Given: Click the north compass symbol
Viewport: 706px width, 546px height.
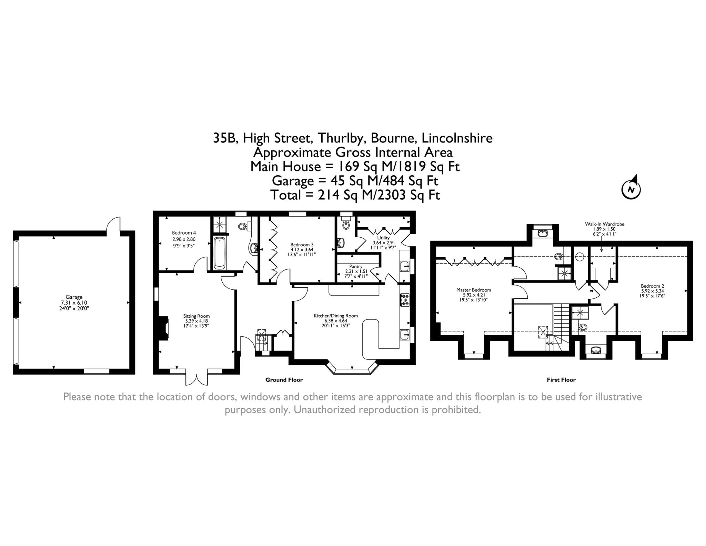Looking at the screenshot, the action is pyautogui.click(x=631, y=188).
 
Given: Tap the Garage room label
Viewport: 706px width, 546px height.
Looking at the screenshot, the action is pyautogui.click(x=74, y=297).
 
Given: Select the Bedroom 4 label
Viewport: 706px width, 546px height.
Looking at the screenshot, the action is pyautogui.click(x=184, y=233).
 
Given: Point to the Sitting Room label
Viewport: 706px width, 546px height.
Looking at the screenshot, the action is pyautogui.click(x=196, y=316).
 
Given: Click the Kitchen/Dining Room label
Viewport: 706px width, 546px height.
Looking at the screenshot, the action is pyautogui.click(x=335, y=316).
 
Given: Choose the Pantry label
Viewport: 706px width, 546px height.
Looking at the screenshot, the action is pyautogui.click(x=356, y=267).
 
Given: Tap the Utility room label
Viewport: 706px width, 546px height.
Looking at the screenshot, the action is pyautogui.click(x=383, y=238).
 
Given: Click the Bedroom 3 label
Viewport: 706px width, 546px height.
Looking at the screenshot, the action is pyautogui.click(x=302, y=245).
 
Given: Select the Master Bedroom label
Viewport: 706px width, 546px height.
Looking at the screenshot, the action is pyautogui.click(x=474, y=290).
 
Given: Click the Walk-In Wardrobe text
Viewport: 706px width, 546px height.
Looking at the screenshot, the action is pyautogui.click(x=605, y=224).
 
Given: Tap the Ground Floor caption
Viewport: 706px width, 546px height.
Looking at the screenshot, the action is pyautogui.click(x=284, y=380).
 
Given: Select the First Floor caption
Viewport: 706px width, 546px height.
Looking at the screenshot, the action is pyautogui.click(x=561, y=380).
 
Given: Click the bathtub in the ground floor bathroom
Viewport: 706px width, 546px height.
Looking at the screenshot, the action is pyautogui.click(x=220, y=253).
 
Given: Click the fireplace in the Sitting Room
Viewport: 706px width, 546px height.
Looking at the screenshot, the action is pyautogui.click(x=163, y=327).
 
